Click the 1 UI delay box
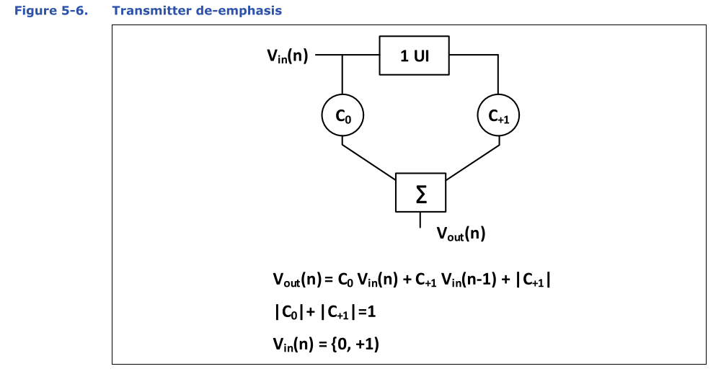[414, 55]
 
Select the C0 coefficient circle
[342, 115]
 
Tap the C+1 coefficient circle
[499, 115]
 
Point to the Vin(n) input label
[287, 55]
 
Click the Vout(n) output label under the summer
[461, 233]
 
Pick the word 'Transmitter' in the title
[159, 11]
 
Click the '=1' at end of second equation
[368, 312]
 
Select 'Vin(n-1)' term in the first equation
[469, 280]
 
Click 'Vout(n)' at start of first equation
[297, 280]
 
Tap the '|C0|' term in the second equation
[286, 312]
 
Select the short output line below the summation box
[420, 220]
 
